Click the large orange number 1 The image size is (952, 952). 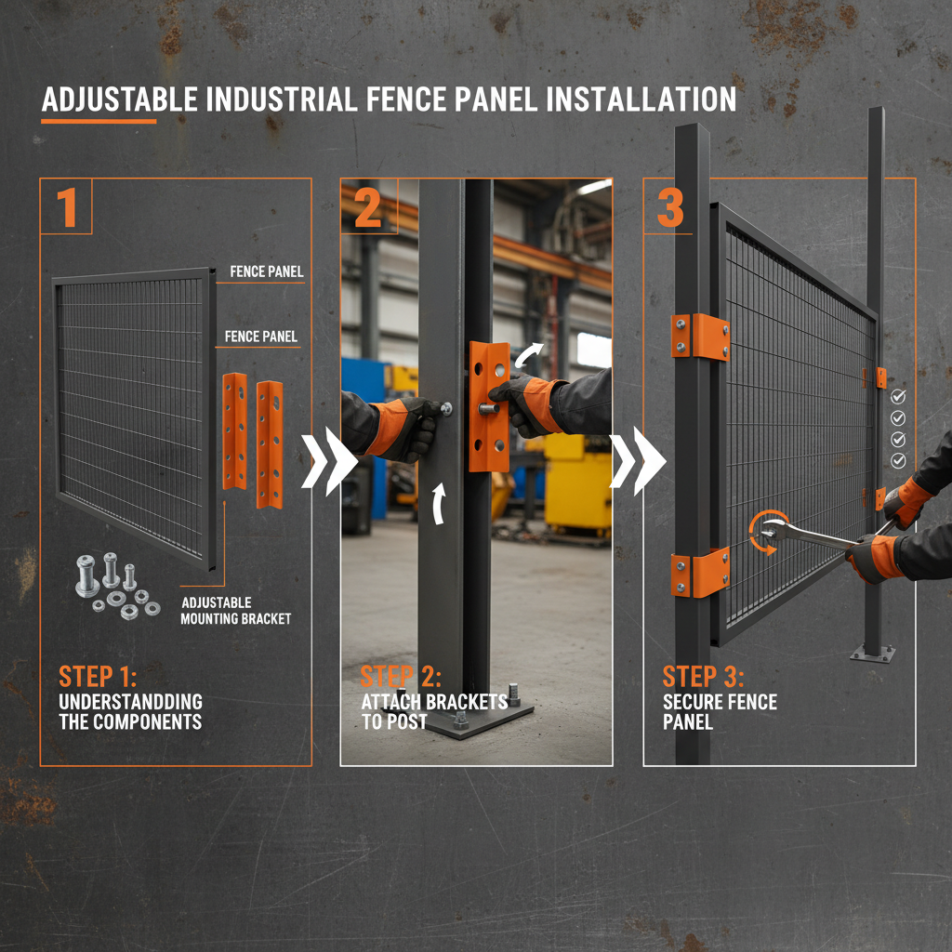(x=67, y=207)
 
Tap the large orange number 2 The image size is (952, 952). (x=368, y=207)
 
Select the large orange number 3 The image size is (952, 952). (x=671, y=207)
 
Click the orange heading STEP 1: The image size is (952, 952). (x=98, y=676)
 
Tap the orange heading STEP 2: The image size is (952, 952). (x=401, y=676)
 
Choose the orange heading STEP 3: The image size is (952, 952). (x=703, y=676)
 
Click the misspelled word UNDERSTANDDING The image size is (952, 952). (x=131, y=701)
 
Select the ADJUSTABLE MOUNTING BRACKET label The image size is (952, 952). (x=236, y=611)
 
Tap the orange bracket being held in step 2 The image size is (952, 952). (x=488, y=405)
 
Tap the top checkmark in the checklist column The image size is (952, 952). (x=898, y=396)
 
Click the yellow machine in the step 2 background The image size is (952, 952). (x=576, y=483)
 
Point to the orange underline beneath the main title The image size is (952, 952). (x=99, y=121)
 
